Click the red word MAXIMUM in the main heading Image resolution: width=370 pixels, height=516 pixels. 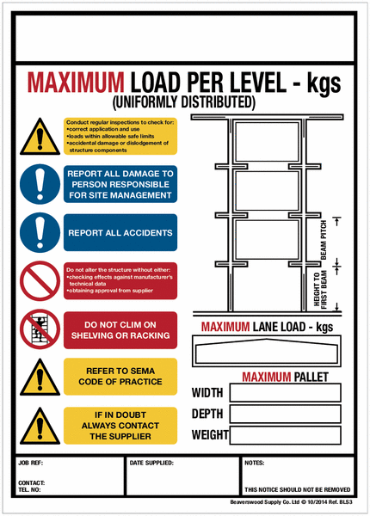(x=77, y=83)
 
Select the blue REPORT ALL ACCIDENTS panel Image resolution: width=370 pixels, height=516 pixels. (x=120, y=232)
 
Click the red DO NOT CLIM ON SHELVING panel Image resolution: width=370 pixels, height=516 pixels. (x=120, y=329)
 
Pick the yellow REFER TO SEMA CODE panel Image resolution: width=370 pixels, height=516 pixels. (x=120, y=376)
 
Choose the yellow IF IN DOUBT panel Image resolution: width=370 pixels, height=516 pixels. (x=120, y=425)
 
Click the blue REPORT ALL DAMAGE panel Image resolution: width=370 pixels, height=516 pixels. (x=120, y=184)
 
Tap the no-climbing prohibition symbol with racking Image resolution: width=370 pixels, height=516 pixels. (x=40, y=329)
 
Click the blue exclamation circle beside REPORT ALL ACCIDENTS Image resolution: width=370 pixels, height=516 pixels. (x=40, y=232)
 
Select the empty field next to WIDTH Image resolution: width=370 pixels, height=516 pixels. (x=285, y=393)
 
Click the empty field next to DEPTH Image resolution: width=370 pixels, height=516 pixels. (x=285, y=414)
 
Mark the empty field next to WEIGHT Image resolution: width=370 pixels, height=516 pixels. (x=285, y=434)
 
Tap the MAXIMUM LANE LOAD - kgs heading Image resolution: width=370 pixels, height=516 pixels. (x=266, y=327)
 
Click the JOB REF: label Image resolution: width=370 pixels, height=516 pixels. (x=32, y=463)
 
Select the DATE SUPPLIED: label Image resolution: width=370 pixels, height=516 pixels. (x=151, y=463)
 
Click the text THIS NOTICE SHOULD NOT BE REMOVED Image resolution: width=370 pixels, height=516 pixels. (x=298, y=488)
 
